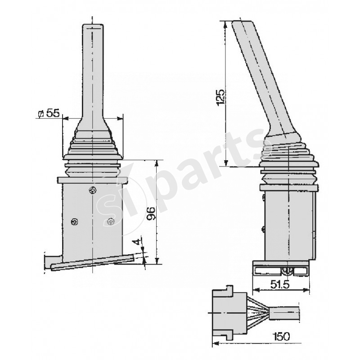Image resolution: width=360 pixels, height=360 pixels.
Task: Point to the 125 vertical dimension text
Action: tap(220, 97)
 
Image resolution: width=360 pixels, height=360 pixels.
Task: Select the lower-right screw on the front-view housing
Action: tap(111, 221)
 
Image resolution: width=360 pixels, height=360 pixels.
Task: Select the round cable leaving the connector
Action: tap(285, 312)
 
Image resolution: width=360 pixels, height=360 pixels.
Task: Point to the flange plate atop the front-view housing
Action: tap(93, 180)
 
